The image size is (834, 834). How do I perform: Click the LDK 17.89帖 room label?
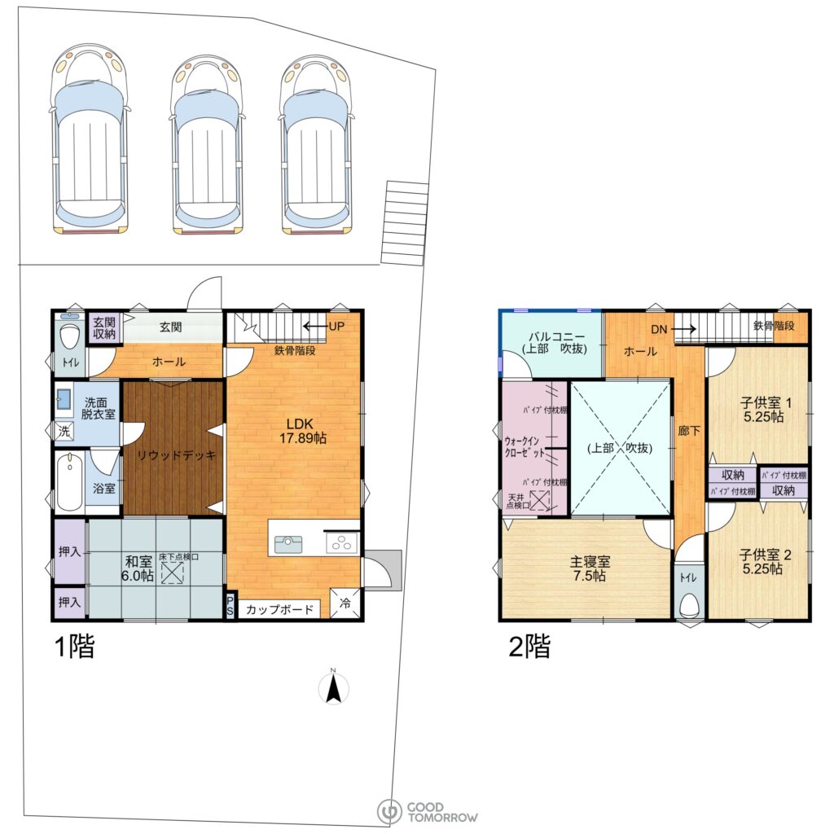click(x=303, y=431)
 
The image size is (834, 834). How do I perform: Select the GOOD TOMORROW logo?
click(x=427, y=812)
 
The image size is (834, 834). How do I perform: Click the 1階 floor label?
click(x=75, y=646)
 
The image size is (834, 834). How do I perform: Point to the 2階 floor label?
click(x=529, y=646)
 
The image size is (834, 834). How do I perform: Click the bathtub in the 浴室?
click(x=70, y=481)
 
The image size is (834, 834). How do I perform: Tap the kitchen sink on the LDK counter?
click(x=288, y=544)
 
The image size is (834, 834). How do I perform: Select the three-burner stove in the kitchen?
click(x=341, y=543)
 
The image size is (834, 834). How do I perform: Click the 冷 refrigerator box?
click(x=345, y=603)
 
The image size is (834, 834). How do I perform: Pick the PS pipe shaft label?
click(x=230, y=606)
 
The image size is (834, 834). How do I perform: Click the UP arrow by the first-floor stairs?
click(x=315, y=326)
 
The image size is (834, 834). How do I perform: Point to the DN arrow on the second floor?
click(x=684, y=329)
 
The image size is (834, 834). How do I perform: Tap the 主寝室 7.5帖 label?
click(x=590, y=568)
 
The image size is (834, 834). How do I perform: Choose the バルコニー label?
click(x=555, y=336)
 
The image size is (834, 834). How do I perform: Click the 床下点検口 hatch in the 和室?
click(x=173, y=573)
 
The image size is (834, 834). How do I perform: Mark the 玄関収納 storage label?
click(x=104, y=327)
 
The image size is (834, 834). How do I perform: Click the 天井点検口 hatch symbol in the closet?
click(x=540, y=501)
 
